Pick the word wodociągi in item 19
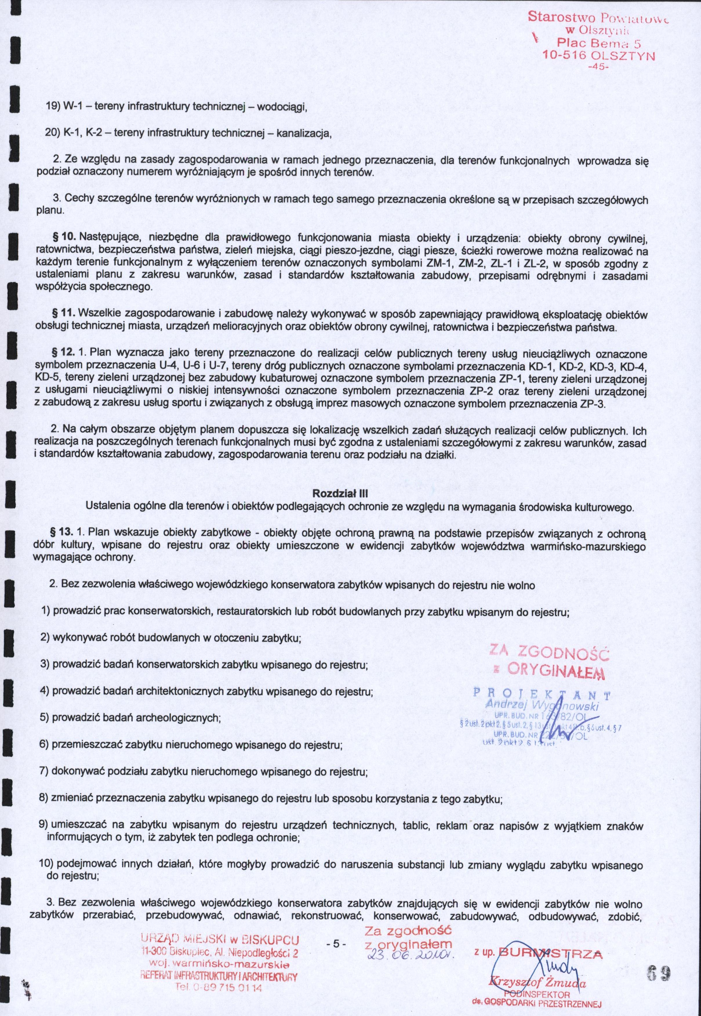[x=280, y=107]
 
